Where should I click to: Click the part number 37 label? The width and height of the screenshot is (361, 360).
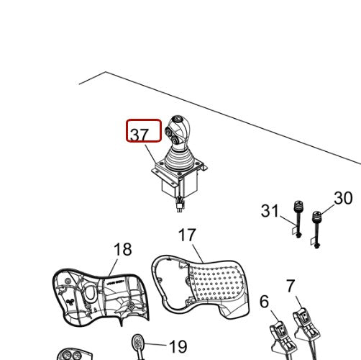pyautogui.click(x=140, y=134)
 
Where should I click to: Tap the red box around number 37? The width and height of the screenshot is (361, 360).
pyautogui.click(x=144, y=122)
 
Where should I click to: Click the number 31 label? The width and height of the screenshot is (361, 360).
pyautogui.click(x=270, y=211)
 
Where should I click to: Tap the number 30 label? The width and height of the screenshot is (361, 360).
pyautogui.click(x=343, y=198)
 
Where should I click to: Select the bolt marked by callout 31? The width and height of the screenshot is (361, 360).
pyautogui.click(x=296, y=220)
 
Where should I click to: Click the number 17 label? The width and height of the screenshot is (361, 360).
pyautogui.click(x=187, y=235)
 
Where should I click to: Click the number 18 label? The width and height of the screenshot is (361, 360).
pyautogui.click(x=123, y=249)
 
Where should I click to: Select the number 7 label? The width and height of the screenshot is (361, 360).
pyautogui.click(x=290, y=287)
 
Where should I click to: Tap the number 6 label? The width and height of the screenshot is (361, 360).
pyautogui.click(x=264, y=301)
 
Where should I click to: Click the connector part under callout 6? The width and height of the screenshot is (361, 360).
pyautogui.click(x=279, y=336)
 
